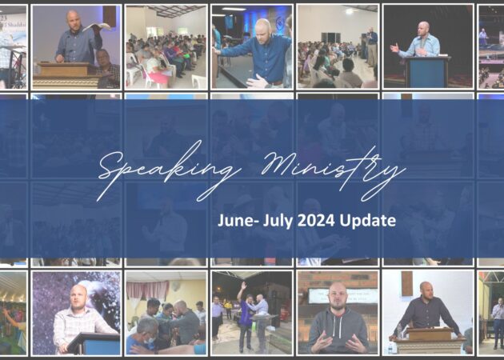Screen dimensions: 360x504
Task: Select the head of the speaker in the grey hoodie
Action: point(338,293)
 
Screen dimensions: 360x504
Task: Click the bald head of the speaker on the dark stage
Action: point(423,29)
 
